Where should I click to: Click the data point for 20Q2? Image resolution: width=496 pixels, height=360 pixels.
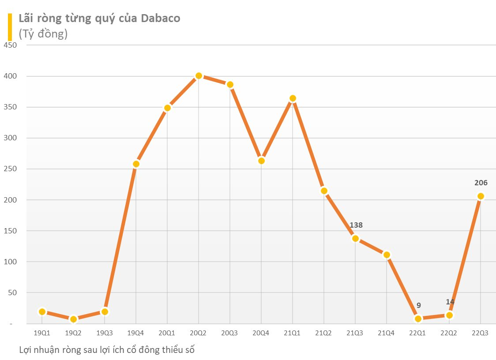coord(199,76)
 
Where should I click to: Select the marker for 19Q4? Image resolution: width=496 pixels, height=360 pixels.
coord(136,164)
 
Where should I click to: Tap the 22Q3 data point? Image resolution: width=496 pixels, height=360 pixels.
coord(481,196)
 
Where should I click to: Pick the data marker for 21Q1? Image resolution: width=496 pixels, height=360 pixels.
coord(293,98)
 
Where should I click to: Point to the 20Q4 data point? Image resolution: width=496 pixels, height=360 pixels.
coord(261,161)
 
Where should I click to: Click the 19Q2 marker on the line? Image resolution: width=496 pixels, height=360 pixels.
coord(73,319)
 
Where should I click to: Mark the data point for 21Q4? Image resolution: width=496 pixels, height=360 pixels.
coord(387,255)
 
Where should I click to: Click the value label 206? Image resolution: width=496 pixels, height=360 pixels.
coord(481,183)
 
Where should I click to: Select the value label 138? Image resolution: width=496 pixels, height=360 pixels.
coord(356,225)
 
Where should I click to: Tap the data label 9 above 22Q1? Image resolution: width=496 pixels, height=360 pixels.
coord(418,305)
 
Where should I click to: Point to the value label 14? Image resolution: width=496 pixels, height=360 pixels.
coord(450,302)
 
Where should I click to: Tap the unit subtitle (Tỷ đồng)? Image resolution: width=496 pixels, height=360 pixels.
coord(43,34)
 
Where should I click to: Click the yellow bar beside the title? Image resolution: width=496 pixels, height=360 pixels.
coord(10,26)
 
